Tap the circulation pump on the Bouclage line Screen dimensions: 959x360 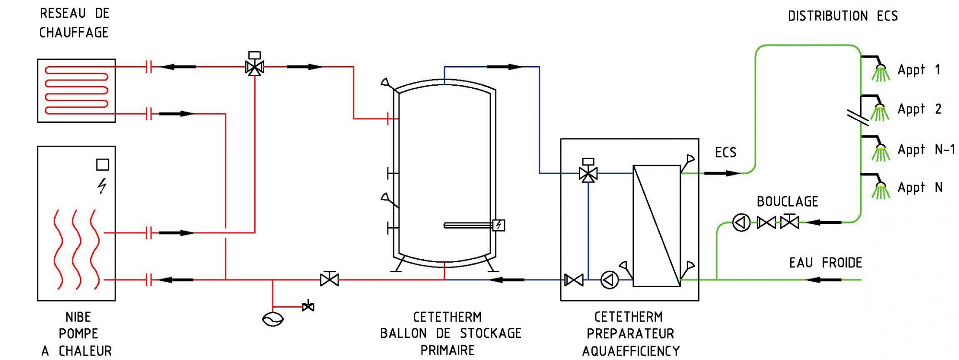(x=741, y=222)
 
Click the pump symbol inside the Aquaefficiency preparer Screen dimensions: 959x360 (x=609, y=280)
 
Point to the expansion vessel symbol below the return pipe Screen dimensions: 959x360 (x=273, y=319)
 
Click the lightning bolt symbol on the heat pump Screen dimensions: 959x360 (x=102, y=186)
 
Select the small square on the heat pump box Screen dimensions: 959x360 (x=103, y=164)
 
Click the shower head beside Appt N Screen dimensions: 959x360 (x=880, y=190)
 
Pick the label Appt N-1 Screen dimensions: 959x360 (x=926, y=150)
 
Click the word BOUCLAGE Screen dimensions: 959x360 (x=787, y=201)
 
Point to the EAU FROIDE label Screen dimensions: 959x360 (x=826, y=263)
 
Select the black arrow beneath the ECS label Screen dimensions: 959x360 (x=723, y=173)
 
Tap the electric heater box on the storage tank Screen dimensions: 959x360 (x=499, y=225)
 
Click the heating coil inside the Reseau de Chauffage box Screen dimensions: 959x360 (x=77, y=91)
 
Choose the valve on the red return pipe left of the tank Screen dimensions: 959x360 (x=329, y=279)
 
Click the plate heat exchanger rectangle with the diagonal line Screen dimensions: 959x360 (x=657, y=226)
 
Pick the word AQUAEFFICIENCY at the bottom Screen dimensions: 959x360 (x=631, y=351)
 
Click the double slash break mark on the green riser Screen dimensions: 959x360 (x=858, y=117)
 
